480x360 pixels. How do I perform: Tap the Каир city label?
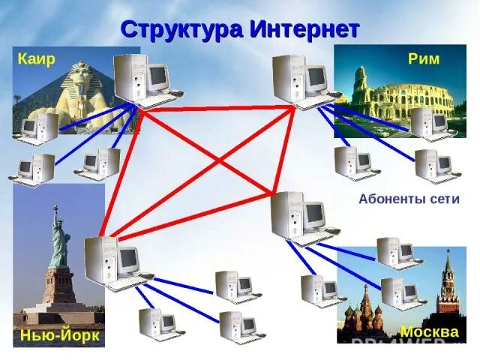click(36, 59)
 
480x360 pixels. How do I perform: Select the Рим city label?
click(423, 58)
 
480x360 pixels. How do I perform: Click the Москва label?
click(429, 331)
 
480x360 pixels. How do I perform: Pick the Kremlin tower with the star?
click(448, 281)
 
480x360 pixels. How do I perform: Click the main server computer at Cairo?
click(142, 79)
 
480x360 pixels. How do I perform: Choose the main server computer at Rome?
click(300, 79)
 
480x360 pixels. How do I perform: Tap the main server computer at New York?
click(112, 262)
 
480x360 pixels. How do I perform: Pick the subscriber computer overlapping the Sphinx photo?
click(39, 127)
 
